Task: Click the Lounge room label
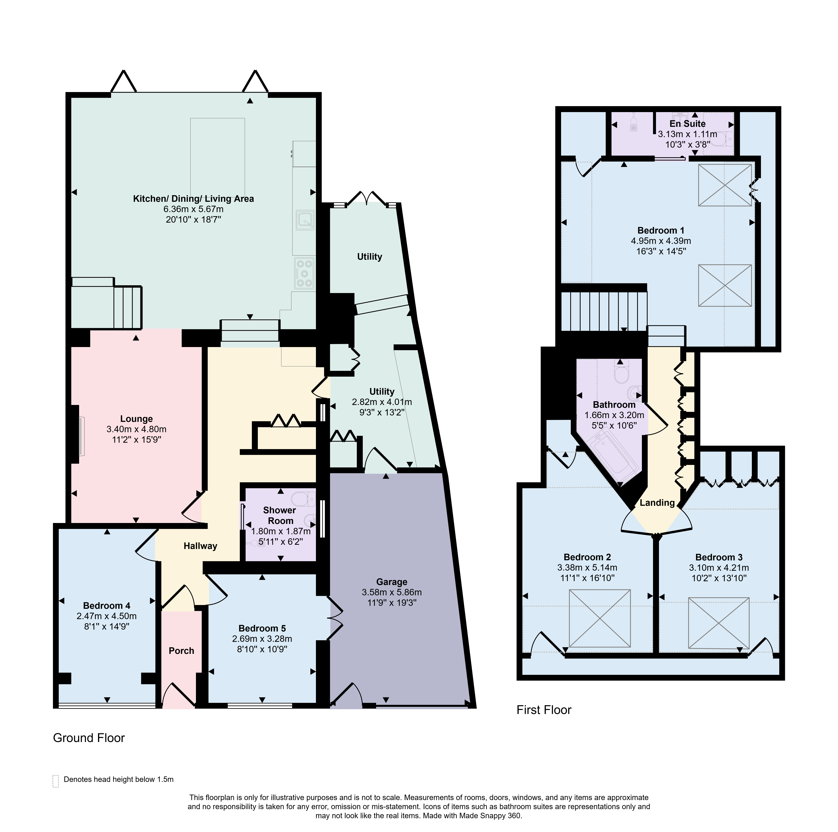[x=136, y=419]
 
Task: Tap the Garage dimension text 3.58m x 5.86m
[x=392, y=592]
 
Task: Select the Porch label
[x=181, y=651]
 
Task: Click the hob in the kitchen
[x=304, y=273]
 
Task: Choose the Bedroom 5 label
[x=262, y=628]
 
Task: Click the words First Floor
[x=544, y=710]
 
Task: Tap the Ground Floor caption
[x=89, y=738]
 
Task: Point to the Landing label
[x=657, y=502]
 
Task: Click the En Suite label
[x=687, y=124]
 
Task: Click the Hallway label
[x=200, y=546]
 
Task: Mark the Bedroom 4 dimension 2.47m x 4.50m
[x=107, y=616]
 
